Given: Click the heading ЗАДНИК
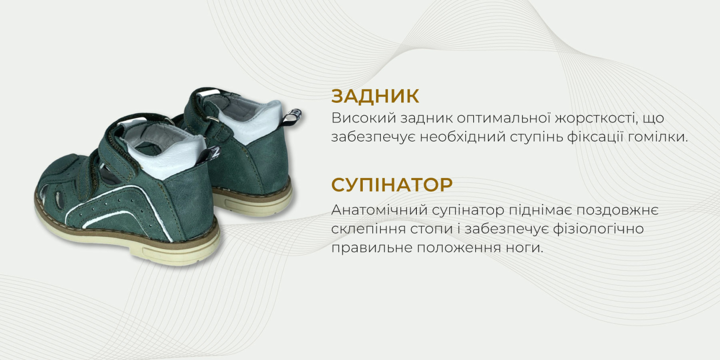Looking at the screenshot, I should tap(375, 96).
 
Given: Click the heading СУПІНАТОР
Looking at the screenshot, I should tap(392, 185).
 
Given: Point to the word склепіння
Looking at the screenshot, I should tap(366, 229).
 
